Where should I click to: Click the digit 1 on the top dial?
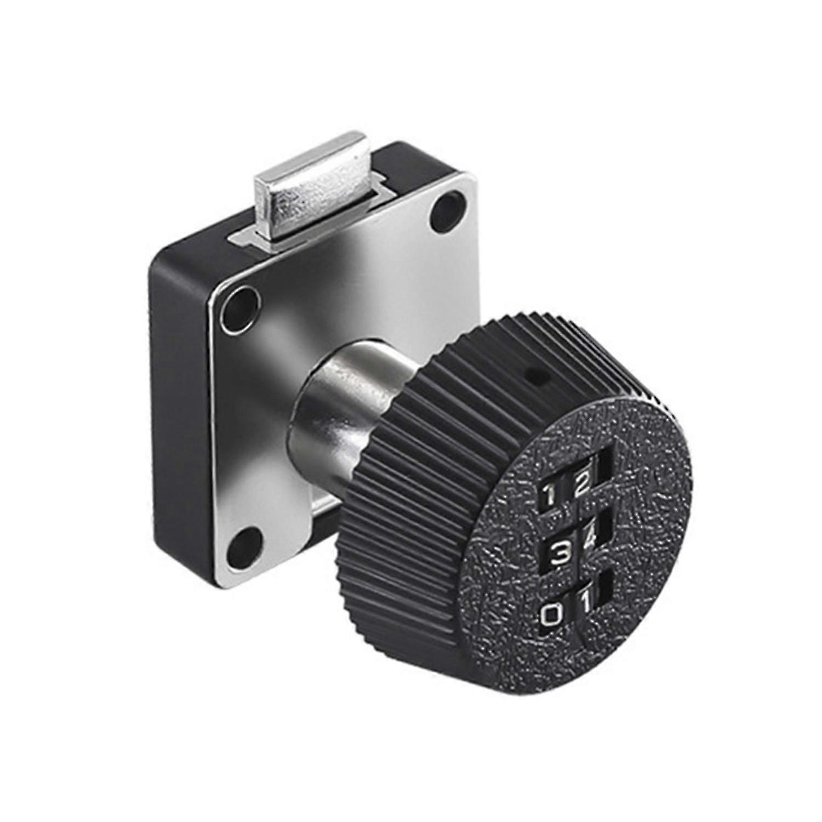[x=549, y=496]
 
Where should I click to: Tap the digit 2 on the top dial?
[x=581, y=483]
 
